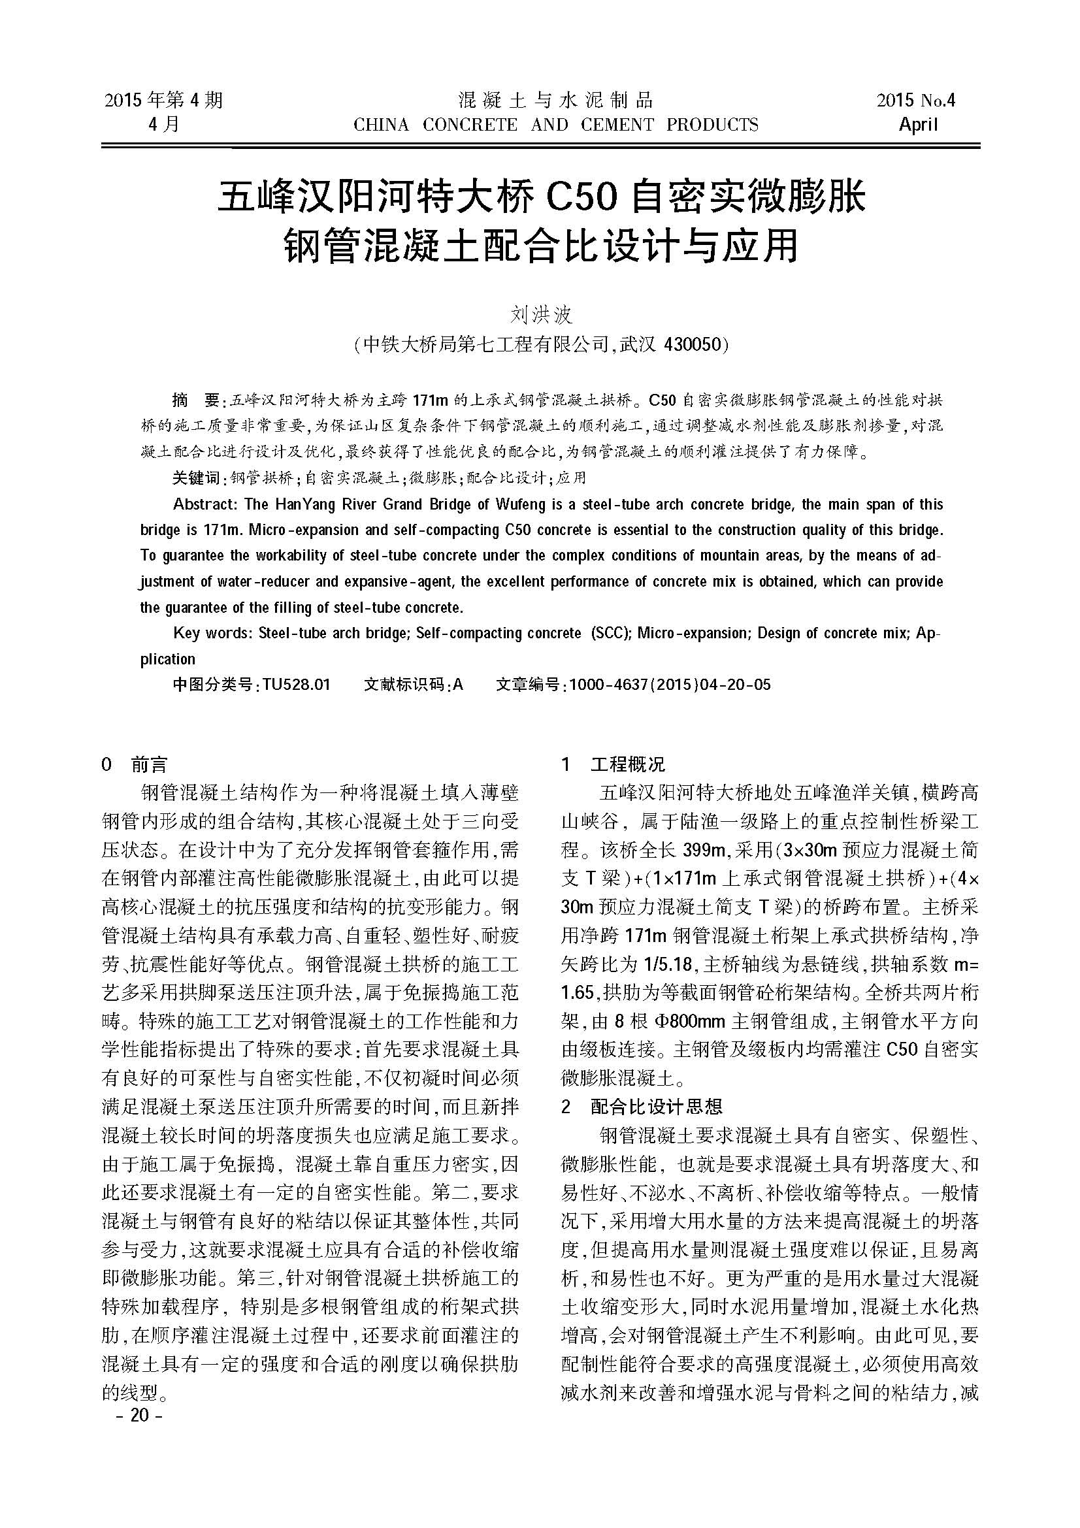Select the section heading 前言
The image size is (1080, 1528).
[x=149, y=765]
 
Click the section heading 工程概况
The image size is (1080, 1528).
[x=627, y=765]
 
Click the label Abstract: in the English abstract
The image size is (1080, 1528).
[x=205, y=504]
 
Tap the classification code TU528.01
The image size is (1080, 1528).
[x=296, y=684]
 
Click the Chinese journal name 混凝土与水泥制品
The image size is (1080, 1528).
[x=556, y=101]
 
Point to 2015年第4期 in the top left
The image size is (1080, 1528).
[x=164, y=101]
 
